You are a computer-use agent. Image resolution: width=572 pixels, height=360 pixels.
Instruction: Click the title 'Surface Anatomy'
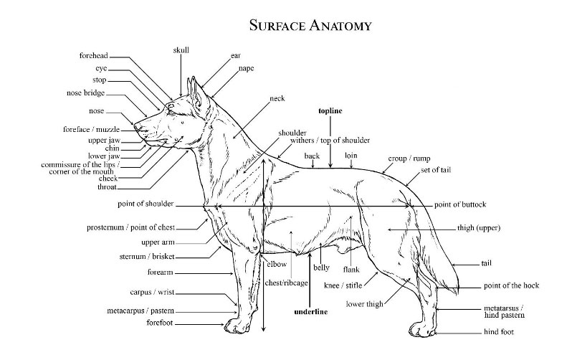click(x=310, y=26)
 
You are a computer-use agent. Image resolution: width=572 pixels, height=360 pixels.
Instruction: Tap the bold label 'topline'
click(x=330, y=111)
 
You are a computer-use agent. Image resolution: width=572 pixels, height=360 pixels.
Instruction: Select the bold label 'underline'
click(x=310, y=312)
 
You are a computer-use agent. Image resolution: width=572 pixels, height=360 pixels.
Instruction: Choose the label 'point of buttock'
click(x=459, y=205)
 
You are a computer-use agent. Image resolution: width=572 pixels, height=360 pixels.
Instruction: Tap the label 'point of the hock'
click(x=511, y=286)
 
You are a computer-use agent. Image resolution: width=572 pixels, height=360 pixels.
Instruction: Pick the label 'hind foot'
click(x=498, y=333)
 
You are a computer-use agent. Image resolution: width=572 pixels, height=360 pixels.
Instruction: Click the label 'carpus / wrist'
click(x=152, y=293)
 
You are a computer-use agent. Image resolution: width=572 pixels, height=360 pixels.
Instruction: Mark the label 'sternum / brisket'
click(x=147, y=256)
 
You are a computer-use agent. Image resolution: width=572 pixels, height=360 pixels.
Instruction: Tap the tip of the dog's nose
click(x=135, y=129)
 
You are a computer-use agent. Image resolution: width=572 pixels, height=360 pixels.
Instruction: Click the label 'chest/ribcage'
click(x=287, y=283)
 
